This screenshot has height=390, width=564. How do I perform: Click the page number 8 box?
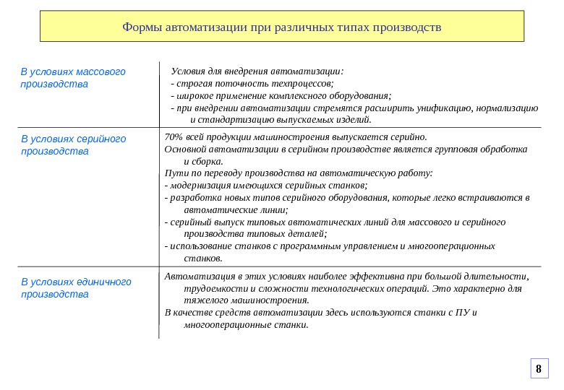pyautogui.click(x=538, y=368)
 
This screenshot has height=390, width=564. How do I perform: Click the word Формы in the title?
pyautogui.click(x=142, y=27)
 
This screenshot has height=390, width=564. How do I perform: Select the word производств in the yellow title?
pyautogui.click(x=407, y=27)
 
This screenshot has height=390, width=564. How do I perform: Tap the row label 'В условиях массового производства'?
pyautogui.click(x=73, y=78)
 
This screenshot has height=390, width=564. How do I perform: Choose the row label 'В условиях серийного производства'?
pyautogui.click(x=73, y=144)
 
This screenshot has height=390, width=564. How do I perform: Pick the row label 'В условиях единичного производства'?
pyautogui.click(x=76, y=287)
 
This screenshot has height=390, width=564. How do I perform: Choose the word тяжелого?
pyautogui.click(x=205, y=300)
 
